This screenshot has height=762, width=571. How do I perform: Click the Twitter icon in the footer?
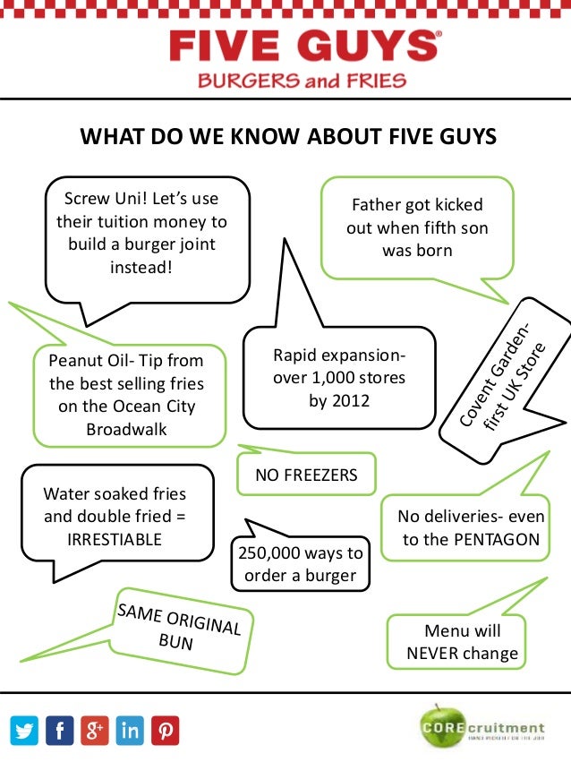click(26, 731)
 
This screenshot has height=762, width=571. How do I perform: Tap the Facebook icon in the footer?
click(60, 731)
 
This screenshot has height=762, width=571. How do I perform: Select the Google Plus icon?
click(95, 731)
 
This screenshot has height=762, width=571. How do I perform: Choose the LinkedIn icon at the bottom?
click(130, 731)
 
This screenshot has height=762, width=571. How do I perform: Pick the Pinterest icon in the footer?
click(165, 731)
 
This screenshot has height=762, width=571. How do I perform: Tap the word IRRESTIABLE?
click(115, 539)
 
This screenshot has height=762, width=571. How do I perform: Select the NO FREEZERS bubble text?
click(306, 475)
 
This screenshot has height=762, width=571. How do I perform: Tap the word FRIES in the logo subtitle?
click(375, 81)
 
